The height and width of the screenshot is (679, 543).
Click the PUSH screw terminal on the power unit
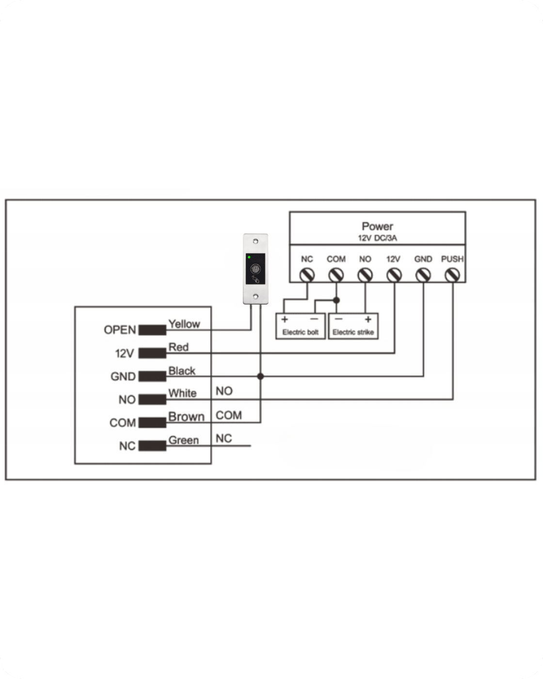click(452, 275)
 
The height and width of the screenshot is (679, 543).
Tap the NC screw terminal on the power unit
click(307, 275)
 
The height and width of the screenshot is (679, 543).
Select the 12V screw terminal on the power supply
click(394, 275)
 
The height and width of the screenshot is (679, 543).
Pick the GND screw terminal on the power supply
click(423, 275)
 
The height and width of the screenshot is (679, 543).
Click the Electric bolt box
click(301, 326)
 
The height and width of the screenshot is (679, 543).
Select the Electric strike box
click(353, 326)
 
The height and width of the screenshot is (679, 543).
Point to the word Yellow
click(184, 324)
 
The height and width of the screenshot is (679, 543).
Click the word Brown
click(186, 417)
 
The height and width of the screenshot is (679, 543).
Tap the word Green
click(184, 440)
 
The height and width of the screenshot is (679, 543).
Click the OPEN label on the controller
click(120, 330)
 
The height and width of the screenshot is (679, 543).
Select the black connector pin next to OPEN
click(152, 330)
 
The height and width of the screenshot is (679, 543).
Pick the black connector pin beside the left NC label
click(152, 446)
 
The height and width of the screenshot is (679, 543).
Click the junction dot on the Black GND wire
click(260, 376)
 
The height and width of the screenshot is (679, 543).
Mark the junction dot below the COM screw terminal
click(336, 300)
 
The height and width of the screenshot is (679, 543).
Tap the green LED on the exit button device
click(249, 258)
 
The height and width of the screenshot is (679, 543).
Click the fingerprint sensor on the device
click(255, 269)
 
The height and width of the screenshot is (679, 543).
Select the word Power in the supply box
click(377, 226)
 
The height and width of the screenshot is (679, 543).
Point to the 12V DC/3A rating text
click(377, 238)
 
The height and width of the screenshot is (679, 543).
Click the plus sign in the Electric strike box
click(368, 319)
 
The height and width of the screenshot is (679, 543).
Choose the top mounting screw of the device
click(256, 242)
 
